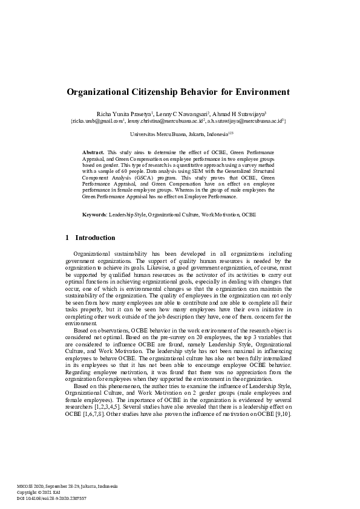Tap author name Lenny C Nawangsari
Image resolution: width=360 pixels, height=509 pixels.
click(182, 114)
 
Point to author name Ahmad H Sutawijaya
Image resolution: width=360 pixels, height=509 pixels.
click(241, 114)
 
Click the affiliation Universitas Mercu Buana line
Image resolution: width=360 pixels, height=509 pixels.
click(180, 134)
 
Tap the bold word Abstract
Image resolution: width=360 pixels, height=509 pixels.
click(93, 151)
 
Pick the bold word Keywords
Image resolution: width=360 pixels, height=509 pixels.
click(94, 215)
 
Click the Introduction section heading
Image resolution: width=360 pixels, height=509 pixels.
click(95, 238)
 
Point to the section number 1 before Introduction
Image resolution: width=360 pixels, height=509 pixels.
click(67, 238)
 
